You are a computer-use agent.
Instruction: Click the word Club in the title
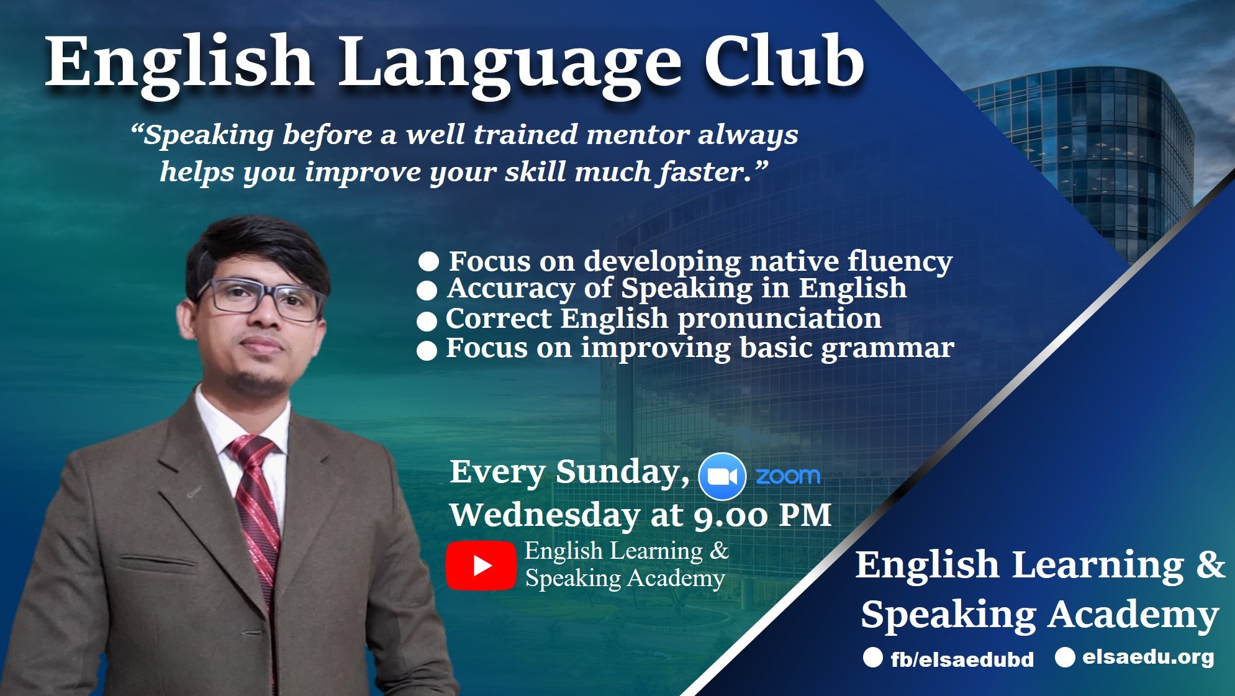point(784,61)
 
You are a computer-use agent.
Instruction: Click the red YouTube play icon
point(481,565)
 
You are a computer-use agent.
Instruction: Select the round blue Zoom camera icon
point(722,476)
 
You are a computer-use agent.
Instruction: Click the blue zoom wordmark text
point(788,476)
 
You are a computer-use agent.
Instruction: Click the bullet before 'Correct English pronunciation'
point(427,321)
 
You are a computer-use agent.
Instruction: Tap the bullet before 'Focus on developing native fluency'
point(428,261)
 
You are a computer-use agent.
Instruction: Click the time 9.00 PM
point(762,516)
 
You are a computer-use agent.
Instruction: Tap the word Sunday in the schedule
point(622,472)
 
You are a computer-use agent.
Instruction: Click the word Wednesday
point(545,515)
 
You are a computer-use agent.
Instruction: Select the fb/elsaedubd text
point(962,659)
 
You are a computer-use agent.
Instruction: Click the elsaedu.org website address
point(1149,657)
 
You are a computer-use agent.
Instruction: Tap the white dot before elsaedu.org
point(1065,657)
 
